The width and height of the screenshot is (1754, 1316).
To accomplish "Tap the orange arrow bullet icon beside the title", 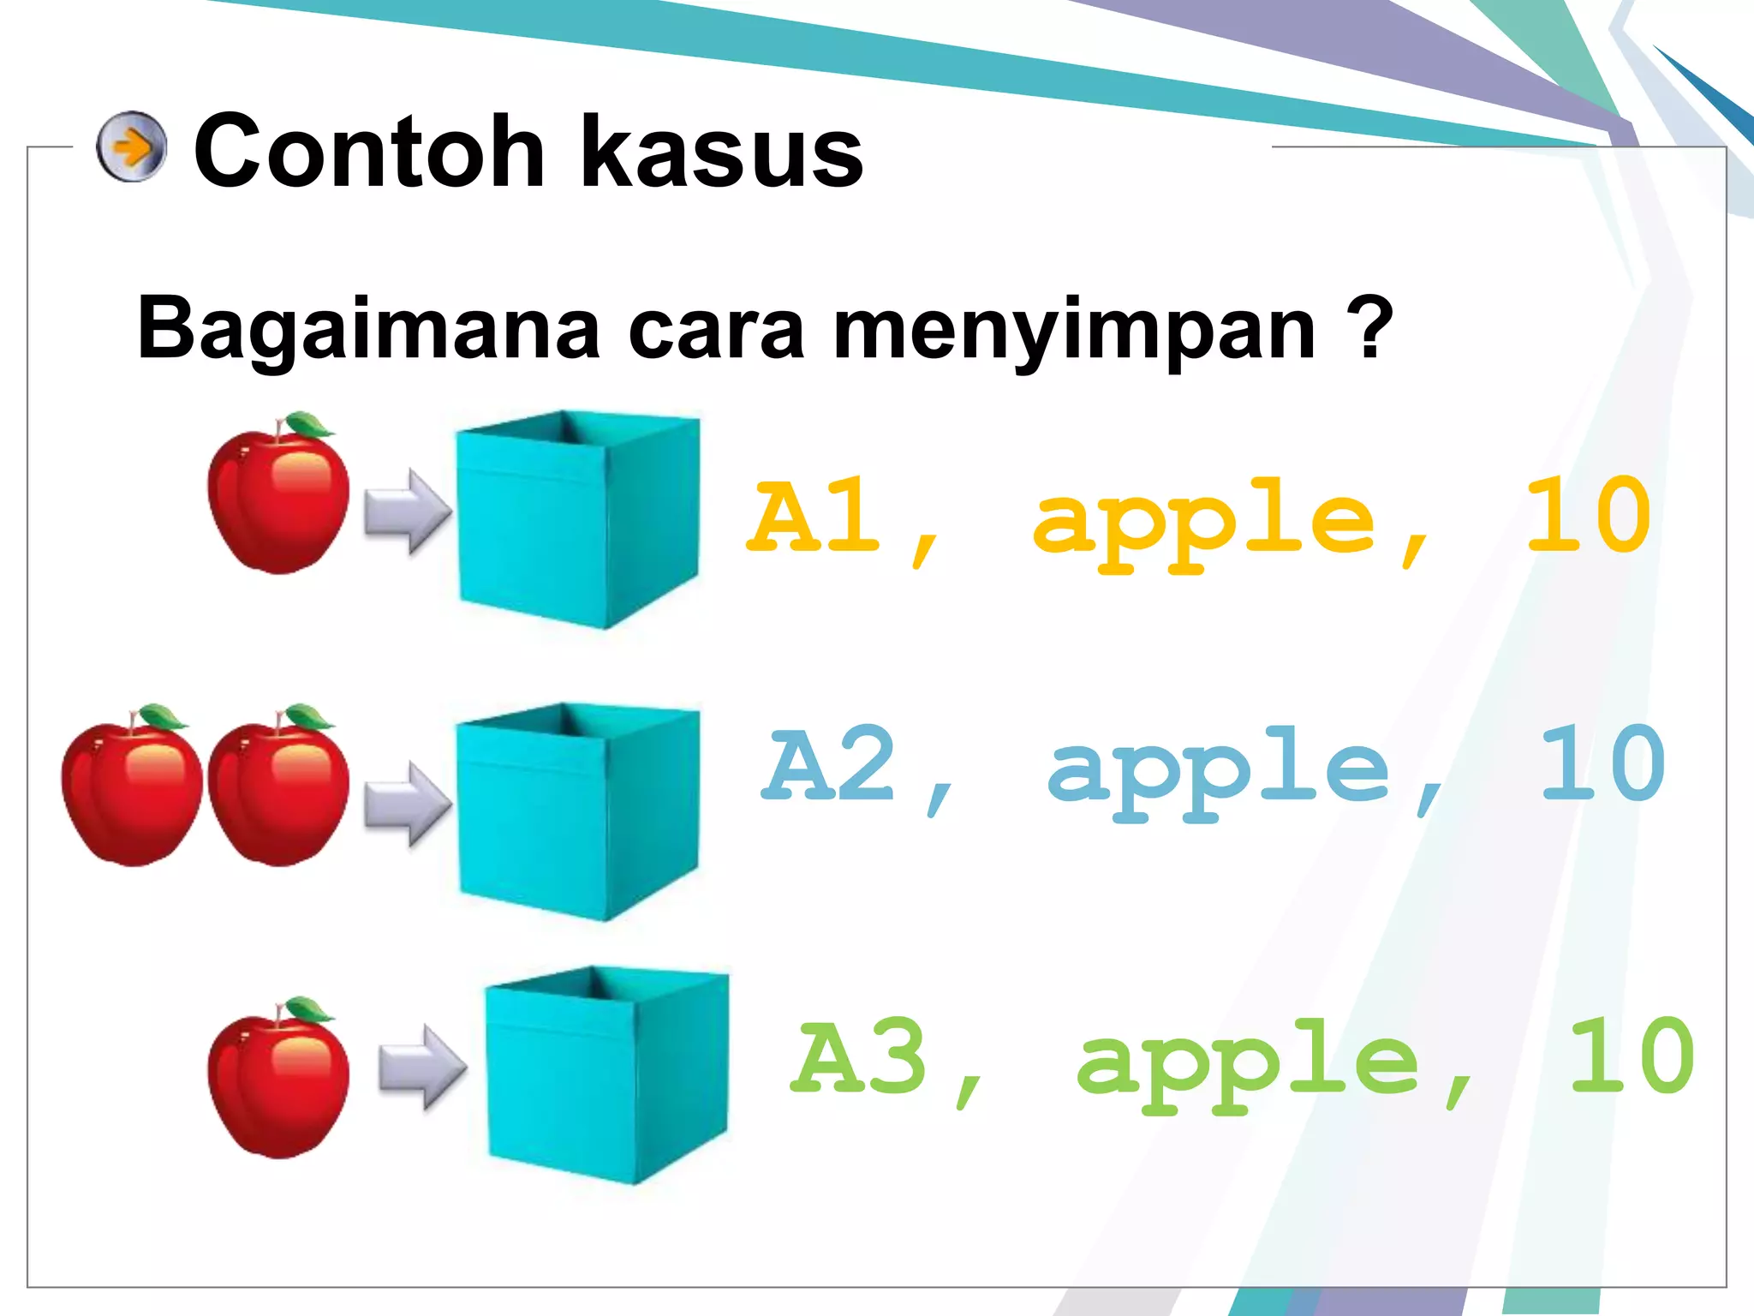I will (x=131, y=147).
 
